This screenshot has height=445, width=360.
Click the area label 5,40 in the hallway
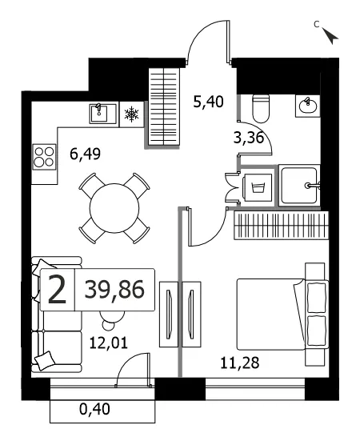(208, 102)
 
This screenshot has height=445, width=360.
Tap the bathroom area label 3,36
(249, 138)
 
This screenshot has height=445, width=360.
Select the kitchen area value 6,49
(85, 154)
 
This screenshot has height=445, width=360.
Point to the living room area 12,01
(108, 343)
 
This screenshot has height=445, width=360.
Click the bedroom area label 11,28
(240, 363)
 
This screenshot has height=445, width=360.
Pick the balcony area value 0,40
(94, 409)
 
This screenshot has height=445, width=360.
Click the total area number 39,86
(114, 290)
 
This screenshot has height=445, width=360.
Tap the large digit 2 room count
(57, 290)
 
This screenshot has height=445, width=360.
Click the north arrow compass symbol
(330, 36)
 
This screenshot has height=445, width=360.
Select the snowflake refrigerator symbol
(132, 114)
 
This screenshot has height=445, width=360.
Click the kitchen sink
(103, 114)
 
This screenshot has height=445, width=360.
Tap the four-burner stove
(44, 157)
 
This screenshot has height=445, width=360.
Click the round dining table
(114, 208)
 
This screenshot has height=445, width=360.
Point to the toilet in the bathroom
(261, 109)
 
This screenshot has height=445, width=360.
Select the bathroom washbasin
(307, 106)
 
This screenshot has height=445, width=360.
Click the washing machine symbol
(258, 187)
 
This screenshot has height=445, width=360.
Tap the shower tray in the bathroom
(299, 185)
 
